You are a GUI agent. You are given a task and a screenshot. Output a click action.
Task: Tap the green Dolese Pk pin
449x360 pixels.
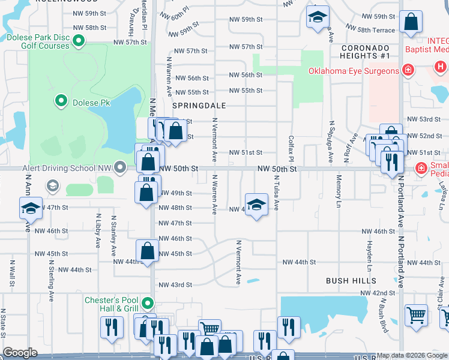60,102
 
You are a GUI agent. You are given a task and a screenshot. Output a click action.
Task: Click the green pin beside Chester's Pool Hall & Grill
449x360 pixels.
148,304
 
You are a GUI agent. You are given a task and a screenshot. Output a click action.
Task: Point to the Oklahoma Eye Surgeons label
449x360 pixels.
354,71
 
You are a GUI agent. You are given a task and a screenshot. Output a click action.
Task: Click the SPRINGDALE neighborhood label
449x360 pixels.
199,105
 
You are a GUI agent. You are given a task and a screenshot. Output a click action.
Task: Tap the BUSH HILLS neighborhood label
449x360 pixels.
351,280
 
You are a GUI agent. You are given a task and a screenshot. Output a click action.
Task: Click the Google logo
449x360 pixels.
20,353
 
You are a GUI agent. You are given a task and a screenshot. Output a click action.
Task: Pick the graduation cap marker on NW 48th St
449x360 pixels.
256,205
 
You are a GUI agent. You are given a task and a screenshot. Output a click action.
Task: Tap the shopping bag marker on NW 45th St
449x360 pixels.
147,251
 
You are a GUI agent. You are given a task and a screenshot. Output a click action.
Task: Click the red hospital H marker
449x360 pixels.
441,67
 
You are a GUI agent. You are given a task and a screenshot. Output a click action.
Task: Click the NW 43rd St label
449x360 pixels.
175,284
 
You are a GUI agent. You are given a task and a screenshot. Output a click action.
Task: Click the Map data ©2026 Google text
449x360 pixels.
412,355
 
